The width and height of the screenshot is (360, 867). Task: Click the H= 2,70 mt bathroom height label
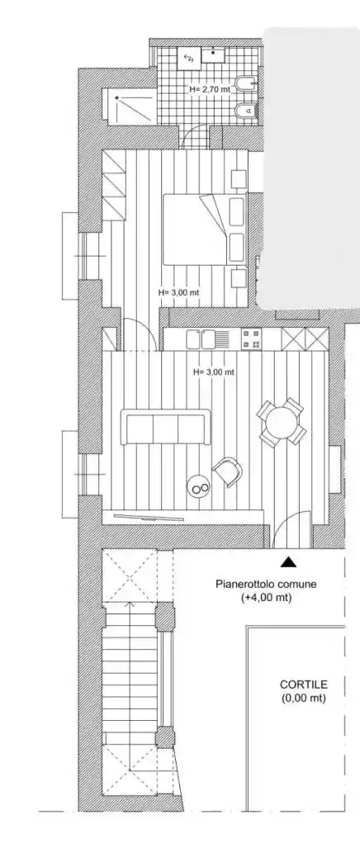point(210,88)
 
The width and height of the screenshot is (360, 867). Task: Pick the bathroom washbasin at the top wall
point(214,54)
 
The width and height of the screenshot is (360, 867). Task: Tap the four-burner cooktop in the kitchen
point(251,339)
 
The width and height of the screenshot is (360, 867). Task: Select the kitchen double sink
point(200,339)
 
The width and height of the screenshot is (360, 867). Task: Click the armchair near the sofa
point(228,471)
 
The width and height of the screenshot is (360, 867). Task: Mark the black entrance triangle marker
point(287,562)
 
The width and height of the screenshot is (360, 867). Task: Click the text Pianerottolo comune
point(267,584)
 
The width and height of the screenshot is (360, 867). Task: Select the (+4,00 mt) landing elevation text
point(267,598)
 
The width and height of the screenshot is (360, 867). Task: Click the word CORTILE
point(303,685)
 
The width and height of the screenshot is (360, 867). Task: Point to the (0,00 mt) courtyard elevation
point(303,699)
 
